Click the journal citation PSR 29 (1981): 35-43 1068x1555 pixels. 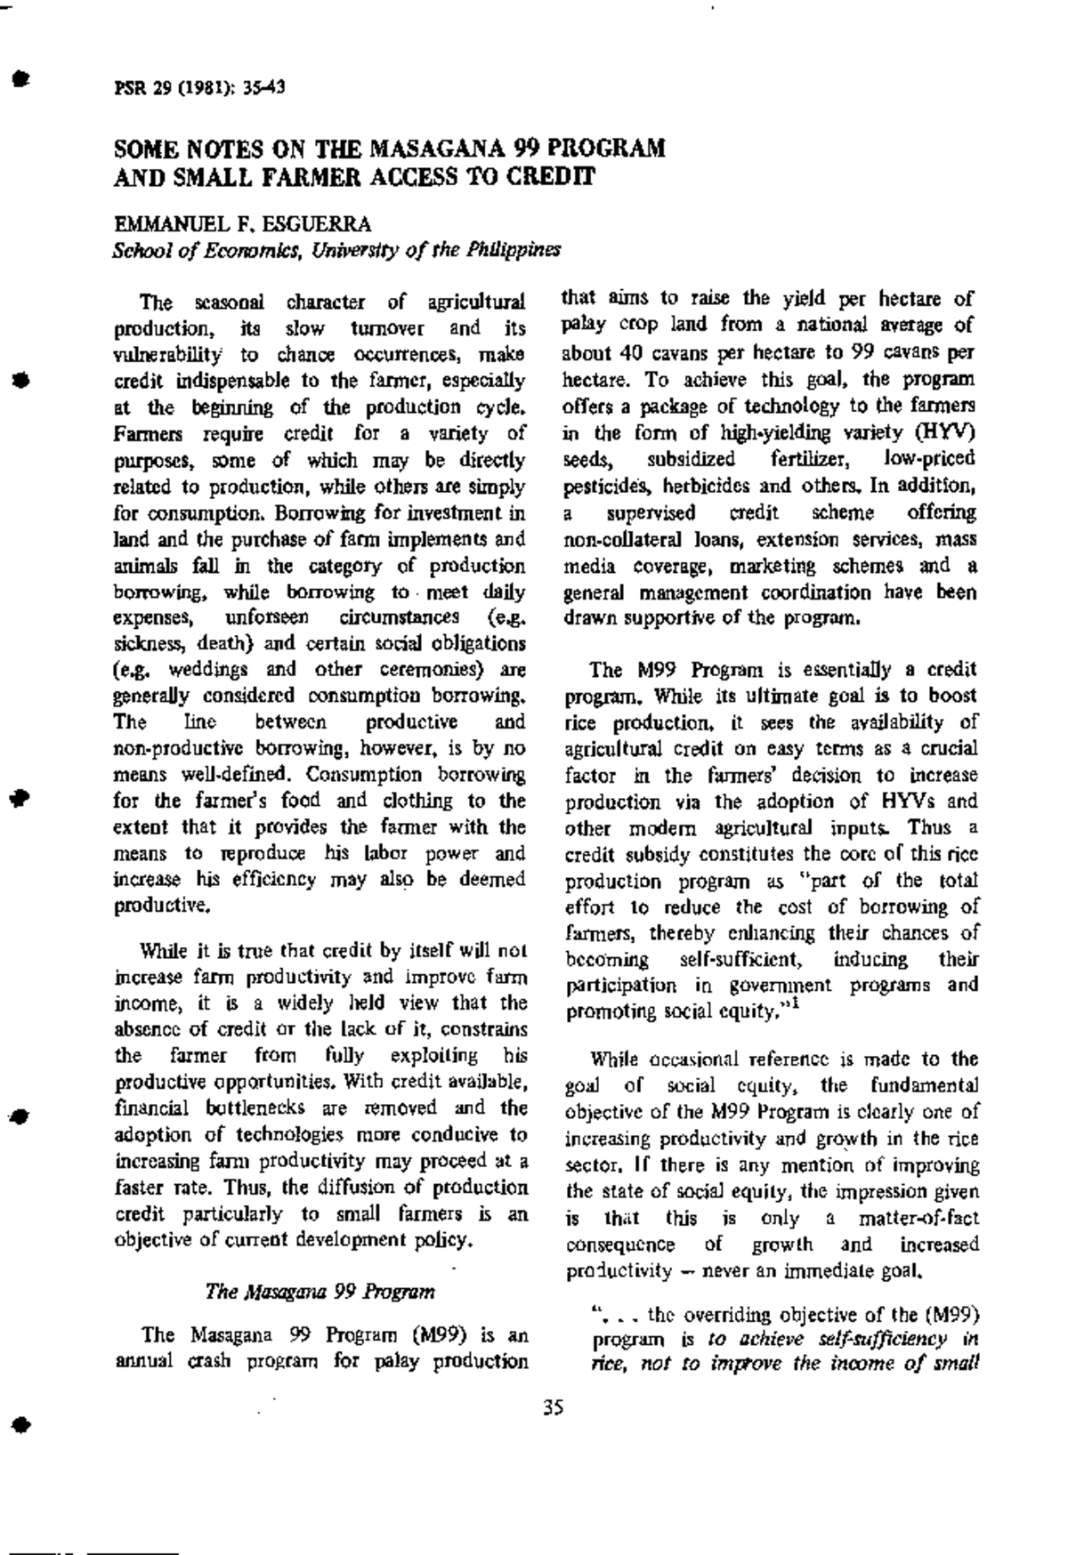click(x=199, y=87)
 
